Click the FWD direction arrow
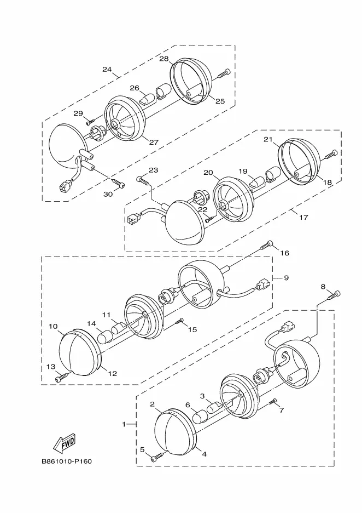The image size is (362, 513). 64,443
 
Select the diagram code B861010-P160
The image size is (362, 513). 67,461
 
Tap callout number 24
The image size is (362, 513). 107,70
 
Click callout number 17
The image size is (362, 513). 303,217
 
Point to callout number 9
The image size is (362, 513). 287,278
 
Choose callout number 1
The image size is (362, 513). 124,424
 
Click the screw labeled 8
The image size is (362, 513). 333,295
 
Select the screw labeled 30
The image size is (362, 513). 118,183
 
